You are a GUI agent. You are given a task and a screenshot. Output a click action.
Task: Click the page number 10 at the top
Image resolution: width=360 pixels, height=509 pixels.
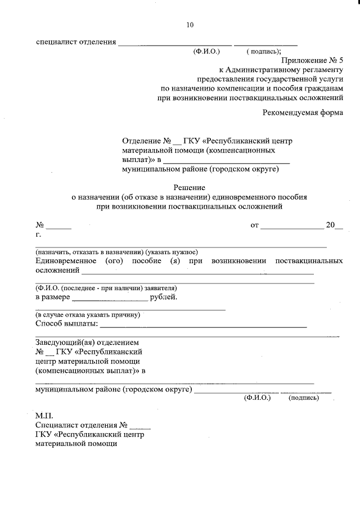(x=190, y=25)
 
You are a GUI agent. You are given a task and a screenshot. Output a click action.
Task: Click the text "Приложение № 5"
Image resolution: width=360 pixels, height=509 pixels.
(x=312, y=60)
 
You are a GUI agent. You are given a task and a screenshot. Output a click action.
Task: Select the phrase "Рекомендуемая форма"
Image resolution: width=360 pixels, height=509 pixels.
(x=303, y=112)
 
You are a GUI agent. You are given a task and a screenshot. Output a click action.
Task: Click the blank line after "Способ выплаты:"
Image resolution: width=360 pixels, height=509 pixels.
(x=203, y=326)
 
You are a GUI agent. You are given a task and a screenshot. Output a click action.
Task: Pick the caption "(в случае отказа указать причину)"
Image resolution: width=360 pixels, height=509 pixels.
(x=88, y=315)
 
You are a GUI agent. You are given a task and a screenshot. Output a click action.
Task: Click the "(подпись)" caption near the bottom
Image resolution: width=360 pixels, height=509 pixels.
(x=303, y=398)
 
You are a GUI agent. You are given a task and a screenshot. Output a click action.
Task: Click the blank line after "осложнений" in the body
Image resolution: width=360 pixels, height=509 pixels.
(x=197, y=273)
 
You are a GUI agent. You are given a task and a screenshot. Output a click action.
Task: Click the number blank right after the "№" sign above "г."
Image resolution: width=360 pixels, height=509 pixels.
(x=58, y=228)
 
